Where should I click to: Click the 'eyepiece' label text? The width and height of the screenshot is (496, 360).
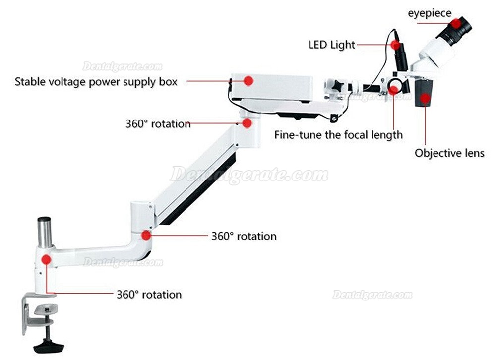[x=429, y=13]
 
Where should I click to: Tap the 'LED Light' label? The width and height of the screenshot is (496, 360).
[x=331, y=45]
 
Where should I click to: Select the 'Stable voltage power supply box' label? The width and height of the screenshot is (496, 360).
[x=96, y=82]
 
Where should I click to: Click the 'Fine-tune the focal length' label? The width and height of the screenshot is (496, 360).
[x=338, y=135]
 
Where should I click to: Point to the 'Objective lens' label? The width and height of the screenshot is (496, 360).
[x=449, y=153]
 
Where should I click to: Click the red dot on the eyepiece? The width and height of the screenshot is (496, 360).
[x=456, y=23]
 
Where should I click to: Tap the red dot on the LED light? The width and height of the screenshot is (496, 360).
[x=395, y=45]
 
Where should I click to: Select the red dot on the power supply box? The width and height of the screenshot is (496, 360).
[x=248, y=81]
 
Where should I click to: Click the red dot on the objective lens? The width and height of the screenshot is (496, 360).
[x=426, y=99]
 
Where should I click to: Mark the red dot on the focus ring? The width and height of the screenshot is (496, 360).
[x=393, y=90]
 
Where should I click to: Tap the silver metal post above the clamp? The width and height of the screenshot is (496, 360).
[x=45, y=233]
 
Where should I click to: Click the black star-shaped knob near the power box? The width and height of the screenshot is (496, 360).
[x=339, y=85]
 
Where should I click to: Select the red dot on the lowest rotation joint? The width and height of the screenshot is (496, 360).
[x=46, y=259]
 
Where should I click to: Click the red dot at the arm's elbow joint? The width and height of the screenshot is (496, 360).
[x=146, y=236]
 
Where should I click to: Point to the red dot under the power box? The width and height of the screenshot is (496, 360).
[x=247, y=123]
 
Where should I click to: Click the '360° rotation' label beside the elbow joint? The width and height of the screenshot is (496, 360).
[x=244, y=236]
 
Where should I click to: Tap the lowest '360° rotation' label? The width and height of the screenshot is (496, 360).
[x=149, y=295]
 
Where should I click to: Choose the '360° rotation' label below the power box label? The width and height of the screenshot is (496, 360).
[x=158, y=123]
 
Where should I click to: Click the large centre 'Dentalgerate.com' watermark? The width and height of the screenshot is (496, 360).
[x=249, y=175]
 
